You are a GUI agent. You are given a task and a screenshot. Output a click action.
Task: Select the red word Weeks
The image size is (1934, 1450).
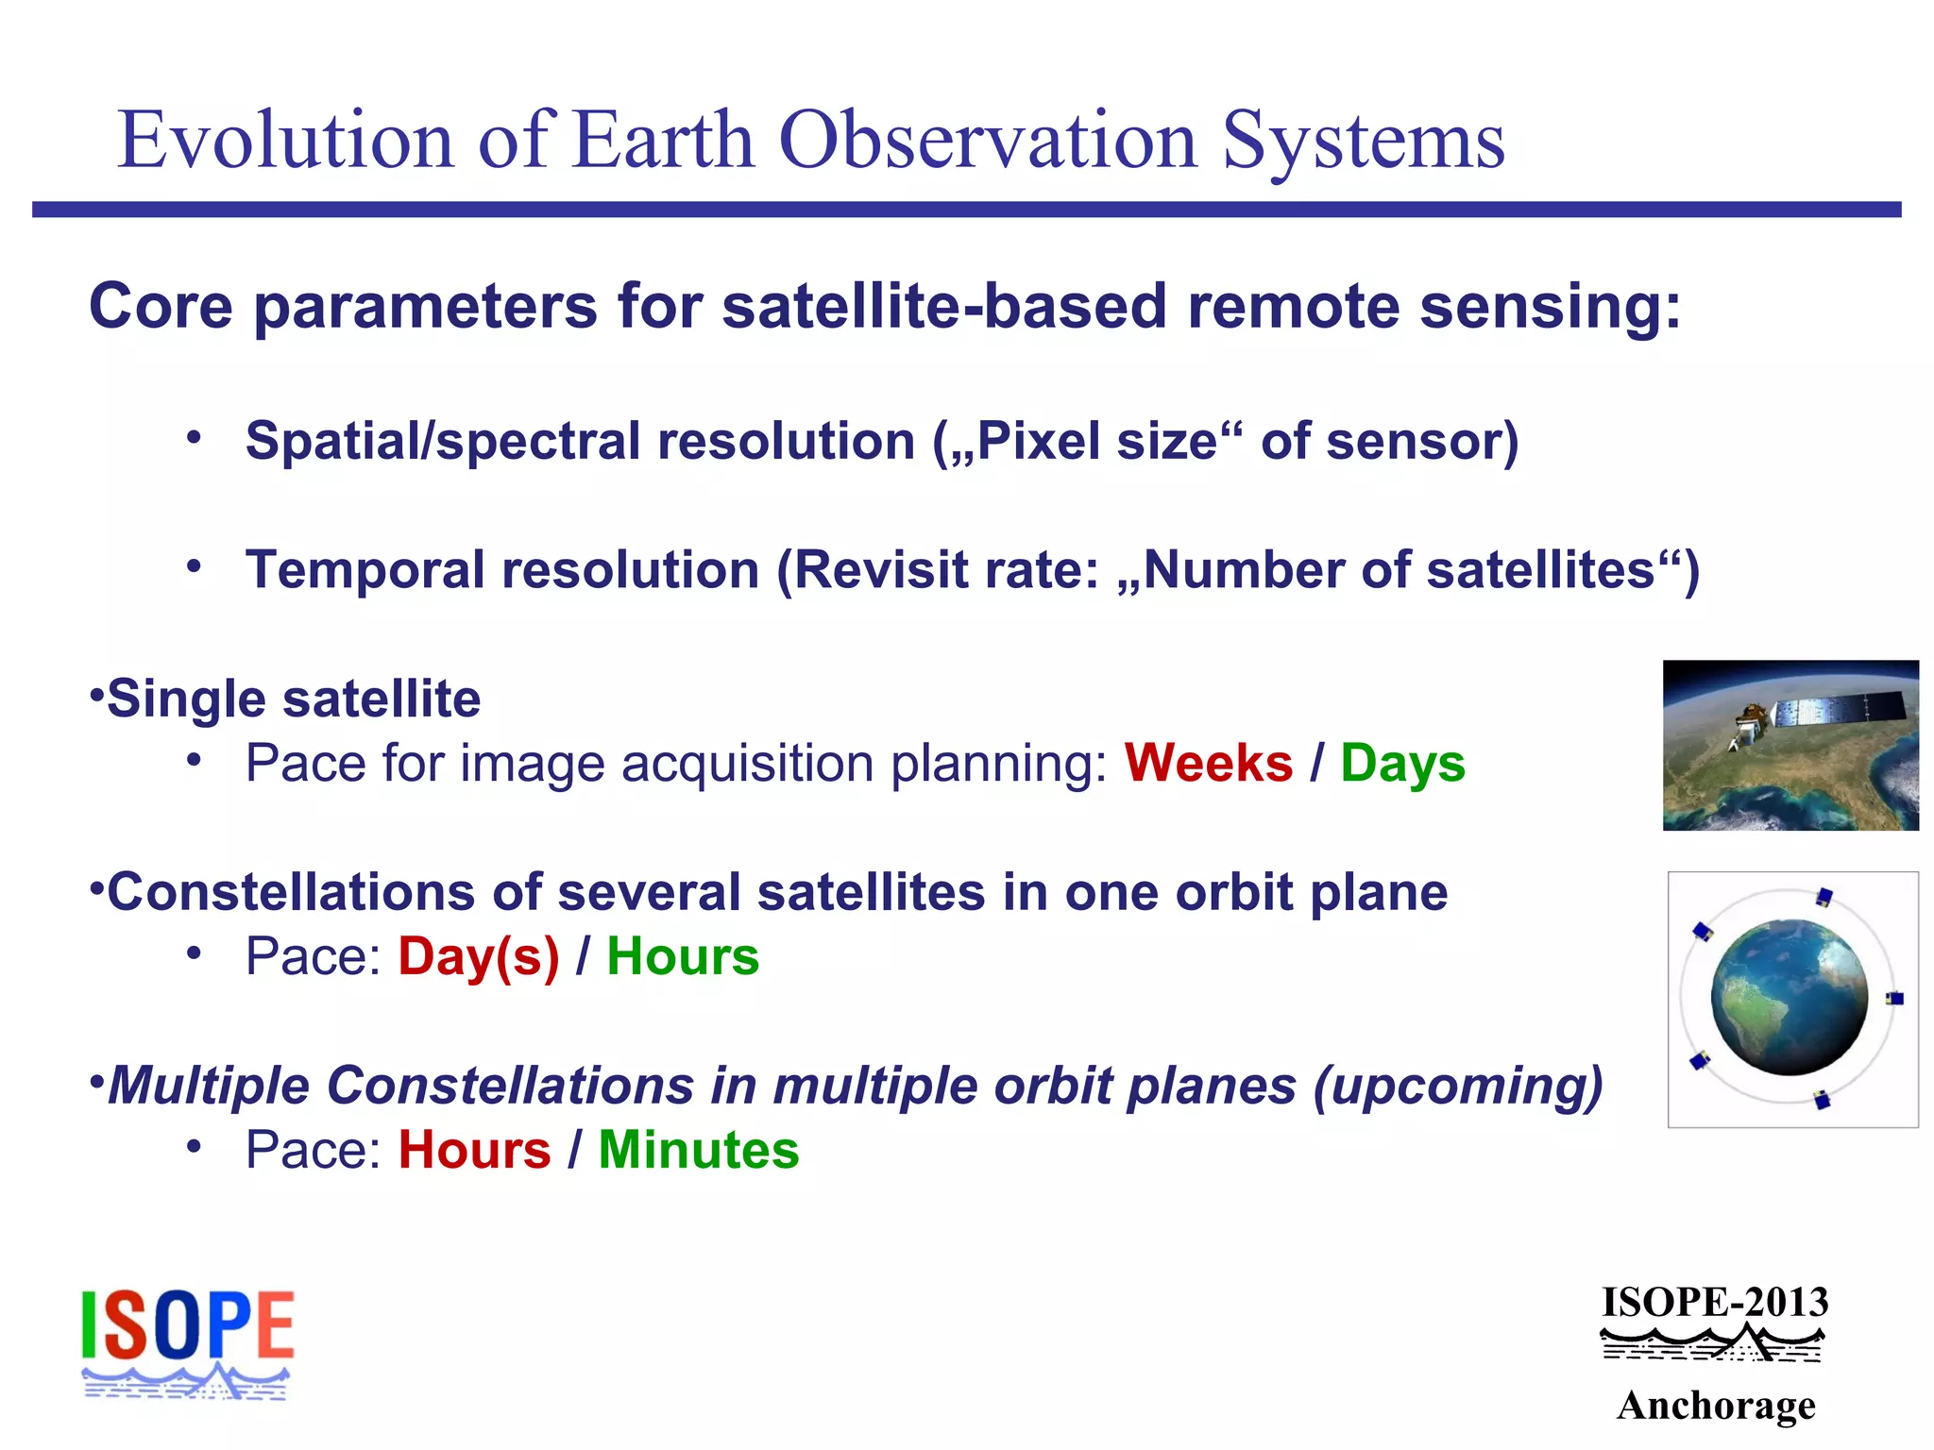point(1208,763)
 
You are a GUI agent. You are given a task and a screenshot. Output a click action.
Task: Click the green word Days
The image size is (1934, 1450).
point(1402,763)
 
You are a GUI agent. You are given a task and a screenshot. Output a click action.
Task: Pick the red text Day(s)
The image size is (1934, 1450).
point(479,956)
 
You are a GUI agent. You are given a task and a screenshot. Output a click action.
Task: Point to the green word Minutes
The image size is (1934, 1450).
point(699,1150)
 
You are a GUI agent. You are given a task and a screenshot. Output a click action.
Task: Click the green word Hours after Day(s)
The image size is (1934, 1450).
point(683,956)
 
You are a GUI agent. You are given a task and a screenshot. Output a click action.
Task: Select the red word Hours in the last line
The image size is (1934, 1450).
point(474,1150)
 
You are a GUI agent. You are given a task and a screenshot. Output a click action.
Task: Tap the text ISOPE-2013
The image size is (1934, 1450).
point(1715,1303)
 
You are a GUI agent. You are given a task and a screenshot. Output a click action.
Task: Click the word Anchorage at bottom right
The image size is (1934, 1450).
point(1715,1405)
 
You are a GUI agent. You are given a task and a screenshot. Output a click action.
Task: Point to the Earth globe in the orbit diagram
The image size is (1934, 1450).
point(1788,999)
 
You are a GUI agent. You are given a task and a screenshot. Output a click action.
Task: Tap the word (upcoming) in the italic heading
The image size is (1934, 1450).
point(1457,1086)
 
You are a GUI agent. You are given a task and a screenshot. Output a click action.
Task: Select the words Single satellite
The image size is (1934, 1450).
point(293,700)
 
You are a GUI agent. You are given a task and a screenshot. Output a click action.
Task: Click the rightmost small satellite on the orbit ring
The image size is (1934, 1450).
point(1893,999)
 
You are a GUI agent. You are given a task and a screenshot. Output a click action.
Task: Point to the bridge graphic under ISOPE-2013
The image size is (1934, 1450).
point(1713,1342)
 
